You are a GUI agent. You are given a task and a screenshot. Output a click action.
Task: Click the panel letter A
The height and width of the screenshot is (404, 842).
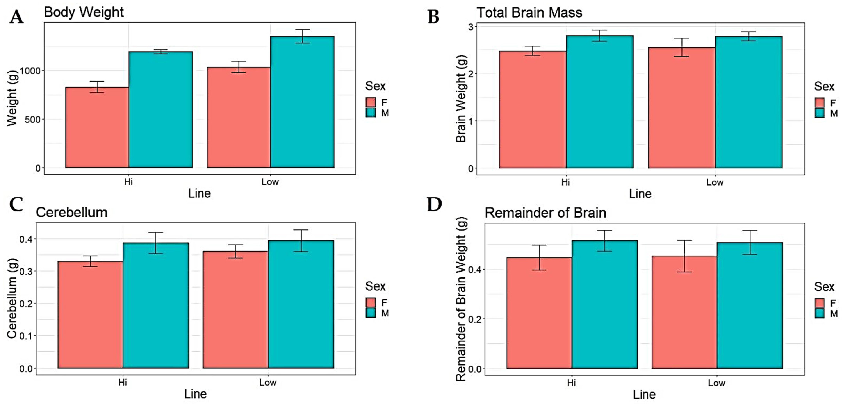click(16, 17)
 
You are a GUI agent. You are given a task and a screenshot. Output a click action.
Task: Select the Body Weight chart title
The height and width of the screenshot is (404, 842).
click(84, 13)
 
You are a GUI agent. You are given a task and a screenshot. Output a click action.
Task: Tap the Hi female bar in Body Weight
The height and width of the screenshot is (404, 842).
click(97, 128)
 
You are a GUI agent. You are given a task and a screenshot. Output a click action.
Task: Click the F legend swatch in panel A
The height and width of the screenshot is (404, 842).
click(370, 102)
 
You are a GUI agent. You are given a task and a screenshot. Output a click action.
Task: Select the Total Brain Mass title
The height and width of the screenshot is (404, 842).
click(529, 13)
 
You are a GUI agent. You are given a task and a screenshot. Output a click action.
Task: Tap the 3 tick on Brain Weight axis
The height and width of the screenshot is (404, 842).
click(471, 27)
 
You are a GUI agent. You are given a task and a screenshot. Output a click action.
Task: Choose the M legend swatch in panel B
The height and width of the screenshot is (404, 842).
click(819, 113)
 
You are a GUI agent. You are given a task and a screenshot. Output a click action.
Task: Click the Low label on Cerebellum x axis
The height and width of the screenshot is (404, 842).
click(268, 382)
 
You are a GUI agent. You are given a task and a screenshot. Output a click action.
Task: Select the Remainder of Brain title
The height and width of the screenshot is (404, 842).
click(545, 213)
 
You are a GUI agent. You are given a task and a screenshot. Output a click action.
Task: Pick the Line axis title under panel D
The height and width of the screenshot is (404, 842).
click(644, 394)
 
